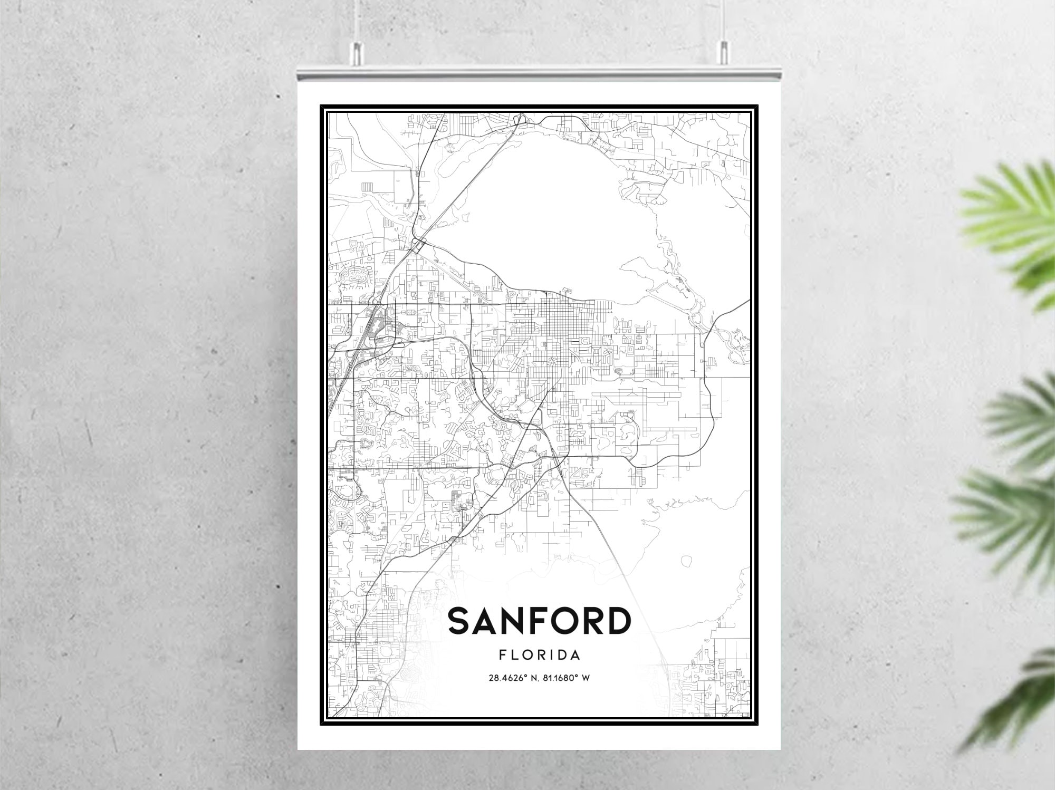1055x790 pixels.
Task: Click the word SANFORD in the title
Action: (539, 621)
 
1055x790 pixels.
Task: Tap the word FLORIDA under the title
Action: (539, 655)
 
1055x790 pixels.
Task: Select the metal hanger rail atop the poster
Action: (539, 74)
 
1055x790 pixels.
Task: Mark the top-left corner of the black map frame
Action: (321, 106)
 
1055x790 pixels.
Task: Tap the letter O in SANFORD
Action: (559, 621)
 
